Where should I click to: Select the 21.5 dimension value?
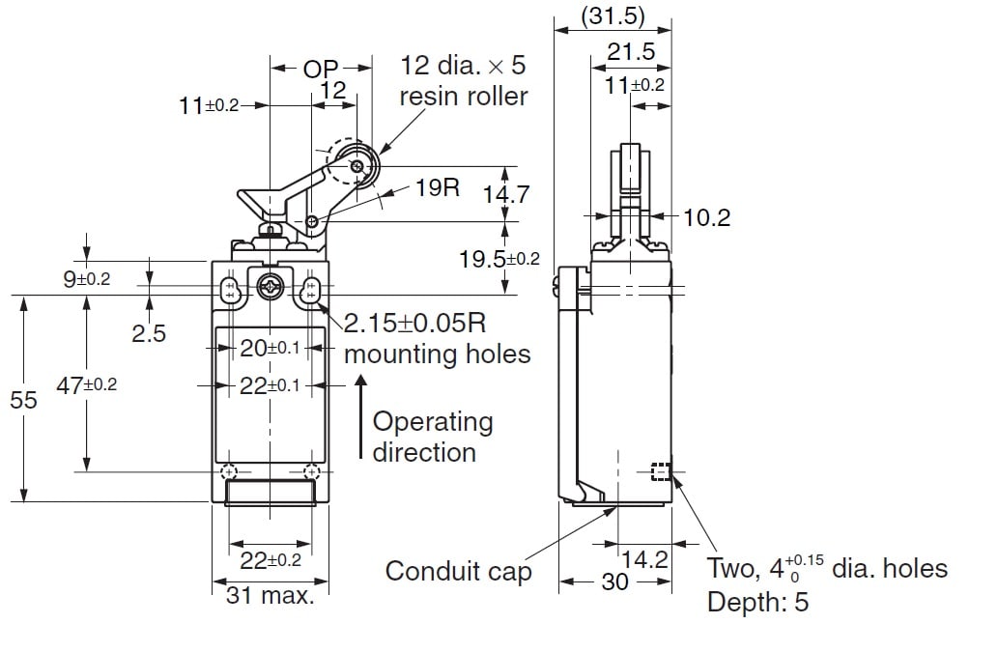pos(630,52)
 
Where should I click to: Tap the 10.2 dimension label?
pos(706,217)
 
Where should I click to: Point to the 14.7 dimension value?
pos(506,194)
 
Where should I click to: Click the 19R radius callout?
pos(439,186)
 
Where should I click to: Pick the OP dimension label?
pos(321,69)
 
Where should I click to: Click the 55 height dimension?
pos(22,399)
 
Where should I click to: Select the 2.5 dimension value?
pos(149,333)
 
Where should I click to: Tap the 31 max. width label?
pos(271,595)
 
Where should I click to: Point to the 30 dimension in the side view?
pos(614,581)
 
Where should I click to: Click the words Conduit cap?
pos(458,571)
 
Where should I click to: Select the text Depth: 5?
pos(757,603)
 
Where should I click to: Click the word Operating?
pos(432,422)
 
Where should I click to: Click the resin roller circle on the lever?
pos(357,168)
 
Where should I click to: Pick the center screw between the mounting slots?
pos(269,287)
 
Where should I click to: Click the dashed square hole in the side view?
pos(661,472)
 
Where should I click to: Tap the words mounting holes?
pos(437,354)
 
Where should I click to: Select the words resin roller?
pos(465,96)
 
